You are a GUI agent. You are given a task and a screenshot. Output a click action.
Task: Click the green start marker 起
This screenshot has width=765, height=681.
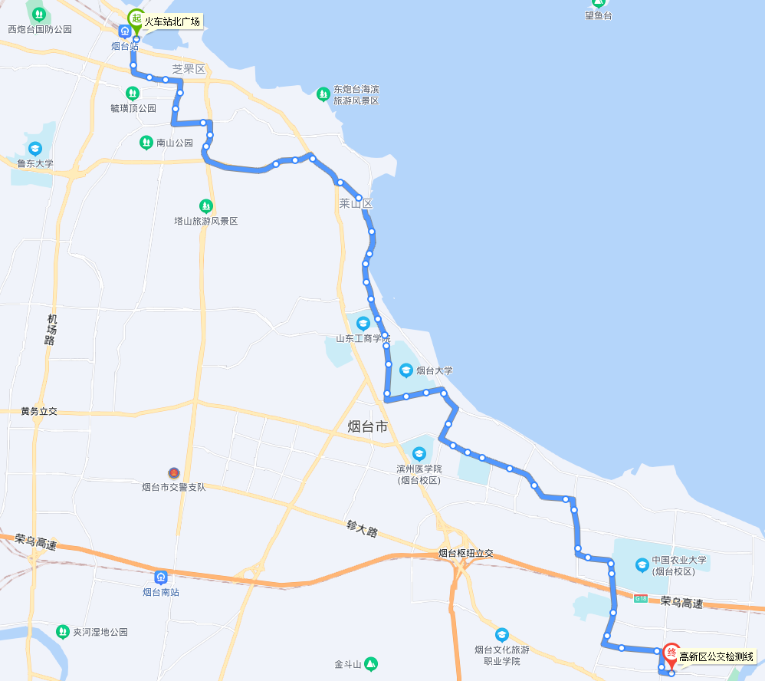(x=136, y=18)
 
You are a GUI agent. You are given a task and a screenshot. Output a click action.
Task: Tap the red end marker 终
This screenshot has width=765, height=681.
(x=671, y=653)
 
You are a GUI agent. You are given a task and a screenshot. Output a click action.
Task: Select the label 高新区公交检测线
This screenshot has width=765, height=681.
(x=717, y=656)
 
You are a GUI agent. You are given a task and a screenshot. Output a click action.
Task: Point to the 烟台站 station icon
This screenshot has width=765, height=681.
(x=124, y=31)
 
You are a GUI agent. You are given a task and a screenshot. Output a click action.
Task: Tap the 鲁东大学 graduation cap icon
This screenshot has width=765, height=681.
(x=34, y=148)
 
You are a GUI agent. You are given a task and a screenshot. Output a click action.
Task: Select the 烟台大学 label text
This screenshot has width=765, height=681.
(x=435, y=370)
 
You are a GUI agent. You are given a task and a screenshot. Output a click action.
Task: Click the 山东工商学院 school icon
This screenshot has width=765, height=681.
(x=363, y=323)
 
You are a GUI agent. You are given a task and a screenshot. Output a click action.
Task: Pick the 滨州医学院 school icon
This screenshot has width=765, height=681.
(x=419, y=452)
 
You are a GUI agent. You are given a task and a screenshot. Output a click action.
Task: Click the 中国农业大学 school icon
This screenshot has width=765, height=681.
(x=642, y=565)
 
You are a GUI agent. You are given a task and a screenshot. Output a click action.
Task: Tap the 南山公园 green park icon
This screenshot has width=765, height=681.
(x=146, y=143)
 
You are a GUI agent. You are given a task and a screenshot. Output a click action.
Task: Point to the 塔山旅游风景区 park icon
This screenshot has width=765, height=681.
(x=205, y=206)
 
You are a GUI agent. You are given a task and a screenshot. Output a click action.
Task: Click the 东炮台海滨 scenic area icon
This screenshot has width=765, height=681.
(x=323, y=94)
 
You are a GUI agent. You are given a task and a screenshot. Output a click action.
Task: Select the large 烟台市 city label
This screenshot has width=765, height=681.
(x=368, y=427)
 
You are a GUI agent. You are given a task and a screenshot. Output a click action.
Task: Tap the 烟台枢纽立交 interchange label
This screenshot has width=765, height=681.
(x=466, y=553)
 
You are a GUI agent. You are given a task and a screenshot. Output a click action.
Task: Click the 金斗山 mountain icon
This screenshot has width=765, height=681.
(x=371, y=663)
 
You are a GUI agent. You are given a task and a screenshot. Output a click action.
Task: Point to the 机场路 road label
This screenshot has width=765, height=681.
(x=51, y=329)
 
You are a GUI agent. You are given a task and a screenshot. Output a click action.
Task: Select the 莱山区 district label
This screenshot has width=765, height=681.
(x=356, y=204)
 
